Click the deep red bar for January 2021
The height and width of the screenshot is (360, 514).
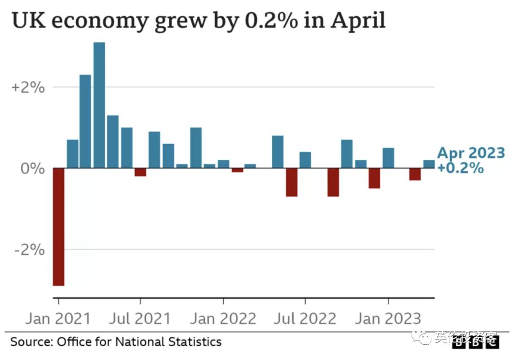pyautogui.click(x=59, y=226)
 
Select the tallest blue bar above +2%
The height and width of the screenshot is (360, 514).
pyautogui.click(x=99, y=105)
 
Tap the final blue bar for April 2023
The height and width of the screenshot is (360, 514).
pyautogui.click(x=429, y=164)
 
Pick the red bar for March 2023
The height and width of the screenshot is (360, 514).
pyautogui.click(x=415, y=174)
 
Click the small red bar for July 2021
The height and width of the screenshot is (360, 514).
pyautogui.click(x=140, y=172)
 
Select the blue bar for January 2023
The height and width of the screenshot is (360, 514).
pyautogui.click(x=388, y=158)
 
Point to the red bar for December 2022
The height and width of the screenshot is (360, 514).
pyautogui.click(x=375, y=178)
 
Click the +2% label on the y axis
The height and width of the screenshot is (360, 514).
pyautogui.click(x=28, y=88)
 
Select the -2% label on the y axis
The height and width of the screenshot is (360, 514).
pyautogui.click(x=30, y=250)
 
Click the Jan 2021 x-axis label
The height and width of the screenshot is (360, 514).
pyautogui.click(x=58, y=319)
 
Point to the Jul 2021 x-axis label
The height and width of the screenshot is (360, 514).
pyautogui.click(x=139, y=319)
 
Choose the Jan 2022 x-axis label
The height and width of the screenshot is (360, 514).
pyautogui.click(x=223, y=319)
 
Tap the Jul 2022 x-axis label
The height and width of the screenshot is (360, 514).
pyautogui.click(x=305, y=319)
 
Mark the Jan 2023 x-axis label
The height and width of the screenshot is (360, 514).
pyautogui.click(x=388, y=319)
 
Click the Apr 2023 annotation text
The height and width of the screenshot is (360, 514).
pyautogui.click(x=471, y=153)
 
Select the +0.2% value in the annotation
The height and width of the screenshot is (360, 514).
pyautogui.click(x=460, y=168)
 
